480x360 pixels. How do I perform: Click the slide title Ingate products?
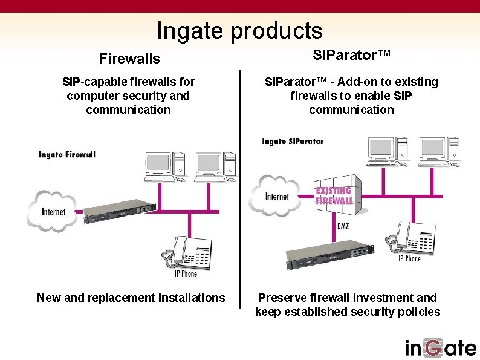coord(239,30)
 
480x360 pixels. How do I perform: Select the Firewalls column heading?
coord(129,59)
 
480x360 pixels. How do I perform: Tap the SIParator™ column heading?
coord(352,55)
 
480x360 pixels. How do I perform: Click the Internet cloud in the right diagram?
coord(276,195)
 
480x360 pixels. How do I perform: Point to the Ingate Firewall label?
coord(67,154)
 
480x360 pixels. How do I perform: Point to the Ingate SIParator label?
coord(293,141)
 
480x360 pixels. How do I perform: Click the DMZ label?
coord(343,226)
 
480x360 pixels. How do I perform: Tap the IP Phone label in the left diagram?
coord(186,273)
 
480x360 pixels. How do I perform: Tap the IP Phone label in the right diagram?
coord(409,258)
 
